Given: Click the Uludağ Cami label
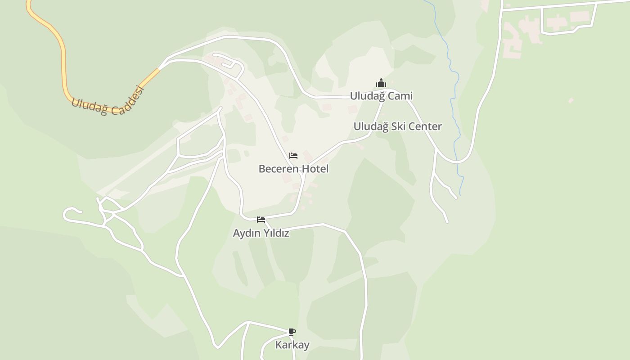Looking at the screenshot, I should coord(381,96).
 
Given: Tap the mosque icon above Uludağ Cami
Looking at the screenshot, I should coord(381,83).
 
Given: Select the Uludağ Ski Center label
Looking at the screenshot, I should coord(397,126).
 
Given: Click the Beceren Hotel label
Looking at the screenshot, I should coord(293,169).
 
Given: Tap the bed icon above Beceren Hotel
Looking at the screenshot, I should coord(293,156).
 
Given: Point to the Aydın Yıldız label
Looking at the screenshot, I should coord(261,233).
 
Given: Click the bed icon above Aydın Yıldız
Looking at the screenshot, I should coord(261,220).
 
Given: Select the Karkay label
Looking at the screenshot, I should coord(292,345).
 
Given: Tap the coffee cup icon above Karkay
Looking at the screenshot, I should coord(292,332).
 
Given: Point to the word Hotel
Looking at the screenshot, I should coord(315,169).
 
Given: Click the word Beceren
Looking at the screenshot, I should coord(279,169).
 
